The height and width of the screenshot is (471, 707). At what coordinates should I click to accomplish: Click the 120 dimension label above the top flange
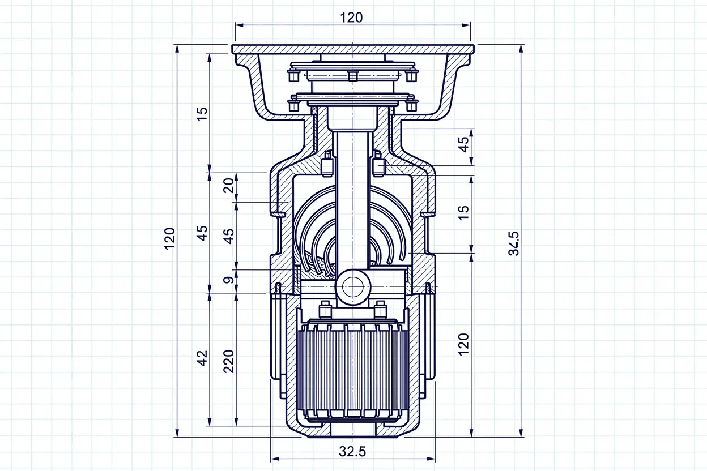click(351, 17)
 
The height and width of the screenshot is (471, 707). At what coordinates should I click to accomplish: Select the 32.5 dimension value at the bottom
click(352, 451)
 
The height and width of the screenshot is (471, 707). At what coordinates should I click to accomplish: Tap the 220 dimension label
click(229, 361)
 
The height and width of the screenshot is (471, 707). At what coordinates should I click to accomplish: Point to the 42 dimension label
click(203, 358)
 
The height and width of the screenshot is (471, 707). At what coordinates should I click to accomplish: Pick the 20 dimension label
click(229, 185)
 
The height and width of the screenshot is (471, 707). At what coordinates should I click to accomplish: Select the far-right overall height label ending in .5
click(514, 243)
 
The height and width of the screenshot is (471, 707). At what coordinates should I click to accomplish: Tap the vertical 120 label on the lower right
click(463, 344)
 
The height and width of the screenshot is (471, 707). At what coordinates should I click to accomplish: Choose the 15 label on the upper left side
click(203, 114)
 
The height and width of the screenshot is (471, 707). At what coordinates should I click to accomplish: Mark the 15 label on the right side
click(463, 212)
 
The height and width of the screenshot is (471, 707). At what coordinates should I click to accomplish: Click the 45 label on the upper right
click(463, 144)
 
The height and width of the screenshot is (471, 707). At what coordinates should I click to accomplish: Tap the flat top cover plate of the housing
click(352, 49)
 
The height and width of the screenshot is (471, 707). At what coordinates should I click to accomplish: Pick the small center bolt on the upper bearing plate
click(352, 76)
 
